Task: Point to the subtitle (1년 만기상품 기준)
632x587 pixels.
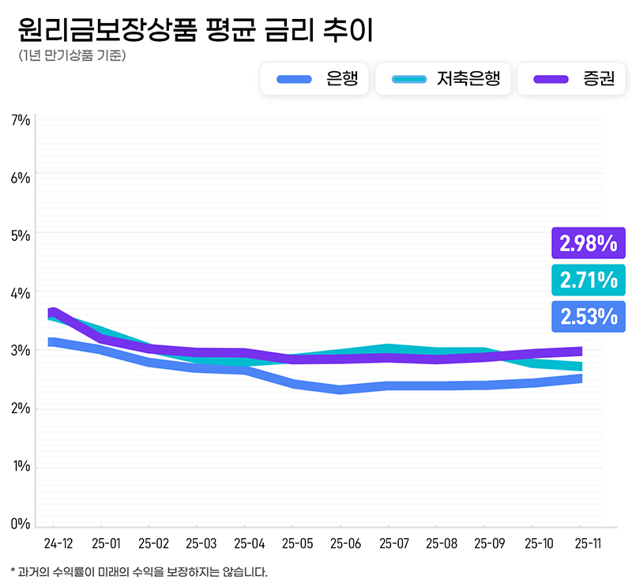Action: coord(71,56)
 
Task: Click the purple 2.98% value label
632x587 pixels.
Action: coord(589,243)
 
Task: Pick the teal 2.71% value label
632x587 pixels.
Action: coord(589,280)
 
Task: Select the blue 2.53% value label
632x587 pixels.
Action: coord(589,316)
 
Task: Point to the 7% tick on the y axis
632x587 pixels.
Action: coord(21,120)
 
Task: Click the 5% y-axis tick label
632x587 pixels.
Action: coord(21,235)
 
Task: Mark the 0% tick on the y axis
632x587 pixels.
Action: coord(21,524)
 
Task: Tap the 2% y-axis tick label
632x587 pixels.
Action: coord(21,408)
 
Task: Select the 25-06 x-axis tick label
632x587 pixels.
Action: coord(345,544)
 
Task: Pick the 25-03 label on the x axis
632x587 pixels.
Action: coord(201,544)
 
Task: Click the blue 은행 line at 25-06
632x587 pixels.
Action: coord(340,389)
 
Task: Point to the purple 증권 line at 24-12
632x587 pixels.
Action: coord(53,312)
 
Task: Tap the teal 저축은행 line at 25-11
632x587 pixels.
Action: coord(581,366)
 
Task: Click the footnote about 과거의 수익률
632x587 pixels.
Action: coord(139,571)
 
